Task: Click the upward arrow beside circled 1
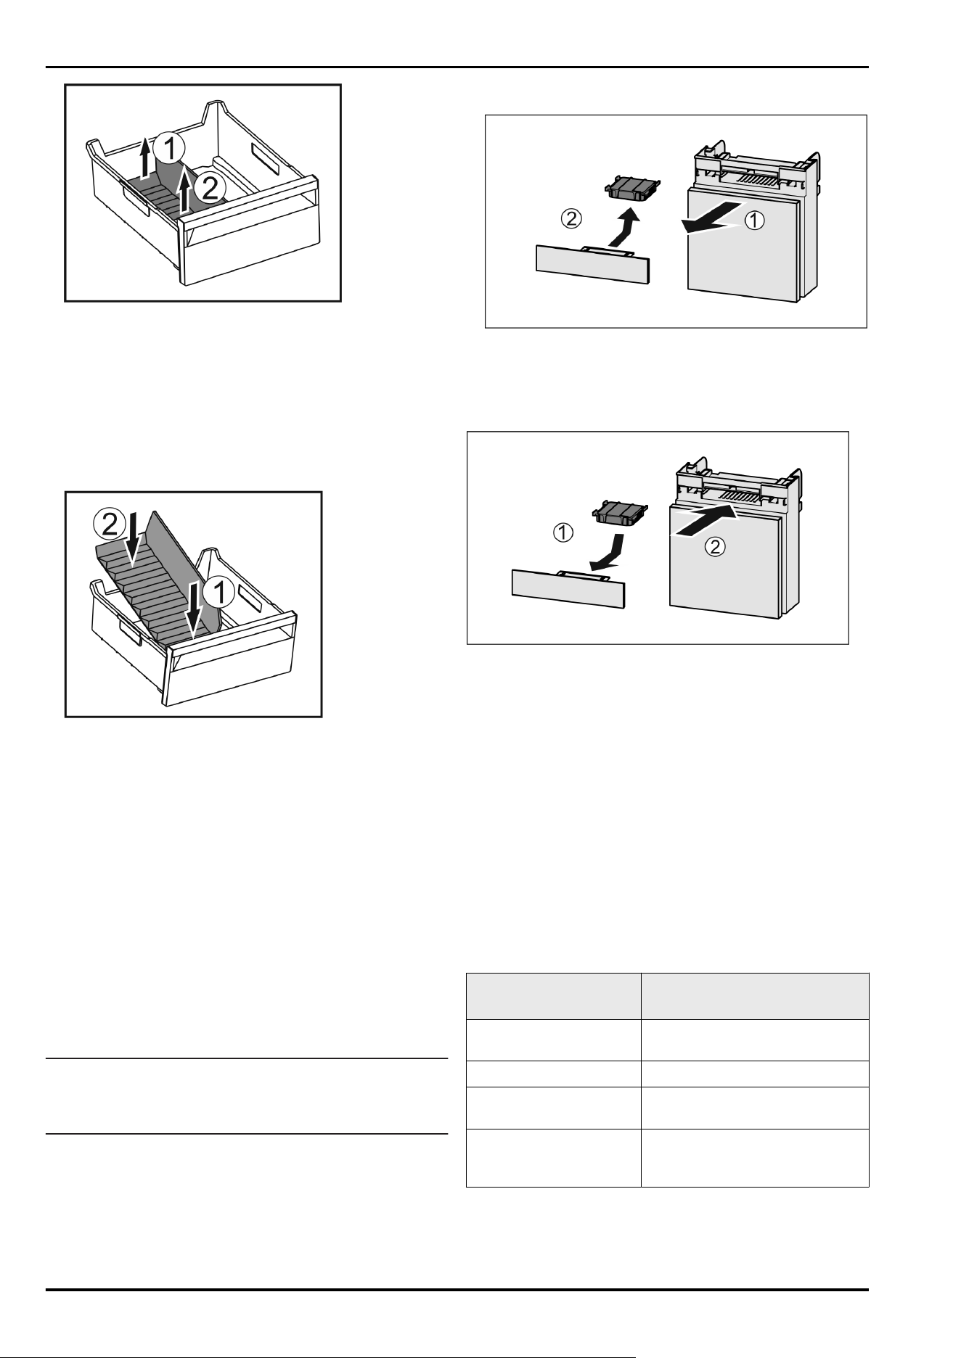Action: [146, 157]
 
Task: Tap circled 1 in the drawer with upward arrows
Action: [171, 149]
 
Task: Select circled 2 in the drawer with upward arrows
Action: [210, 189]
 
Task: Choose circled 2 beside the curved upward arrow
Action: [571, 216]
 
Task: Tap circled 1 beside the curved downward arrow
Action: [564, 534]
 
